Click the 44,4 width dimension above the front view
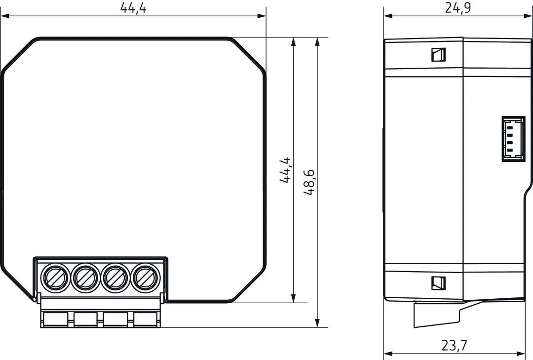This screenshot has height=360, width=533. (133, 8)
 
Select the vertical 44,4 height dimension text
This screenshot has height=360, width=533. (286, 170)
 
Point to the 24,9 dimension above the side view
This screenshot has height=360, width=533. (457, 8)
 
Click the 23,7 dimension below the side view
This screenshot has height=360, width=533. (455, 346)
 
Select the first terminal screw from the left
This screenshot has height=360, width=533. (55, 278)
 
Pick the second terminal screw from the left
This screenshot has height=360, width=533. (85, 278)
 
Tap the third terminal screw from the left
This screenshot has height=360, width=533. (115, 278)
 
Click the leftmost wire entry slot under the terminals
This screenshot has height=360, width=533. (55, 320)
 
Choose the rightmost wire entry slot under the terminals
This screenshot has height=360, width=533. (145, 320)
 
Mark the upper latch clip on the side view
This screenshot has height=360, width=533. (438, 54)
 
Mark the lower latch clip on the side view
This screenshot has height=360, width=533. (438, 283)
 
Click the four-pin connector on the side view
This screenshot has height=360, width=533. (514, 139)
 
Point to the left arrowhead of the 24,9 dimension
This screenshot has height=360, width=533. (388, 16)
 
